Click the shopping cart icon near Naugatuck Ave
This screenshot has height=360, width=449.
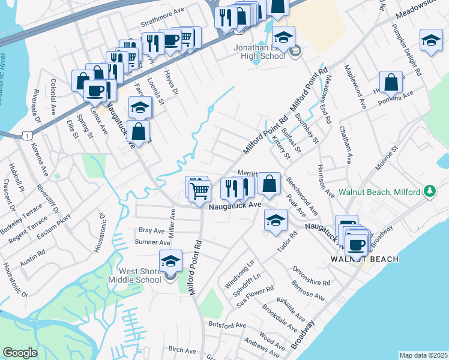coord(200,191)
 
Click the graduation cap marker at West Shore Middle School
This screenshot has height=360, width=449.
coord(170,260)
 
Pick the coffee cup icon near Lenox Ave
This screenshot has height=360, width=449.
coord(95,90)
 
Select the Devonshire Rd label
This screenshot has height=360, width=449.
coord(312,275)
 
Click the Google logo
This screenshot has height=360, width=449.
coord(20,352)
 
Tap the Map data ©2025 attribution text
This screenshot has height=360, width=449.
coord(423,355)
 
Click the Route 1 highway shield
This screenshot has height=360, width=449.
coord(28,136)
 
